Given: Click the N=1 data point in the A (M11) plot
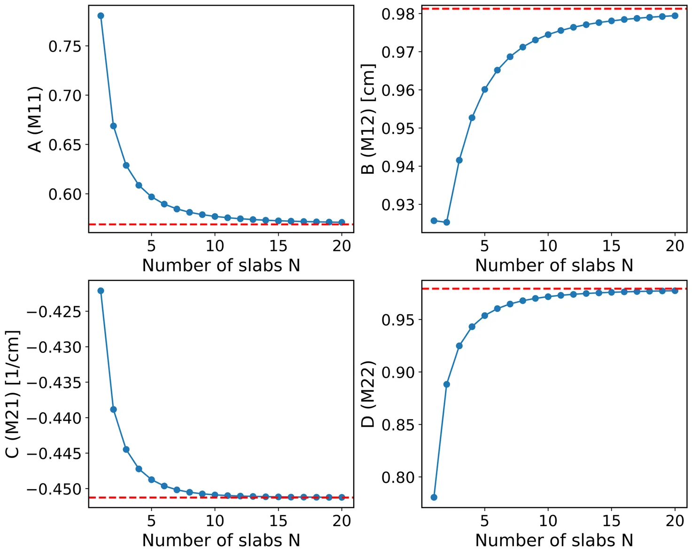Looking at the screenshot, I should point(101,16).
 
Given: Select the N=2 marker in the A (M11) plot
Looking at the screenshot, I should point(113,126).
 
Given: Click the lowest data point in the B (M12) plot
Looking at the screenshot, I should point(446,222).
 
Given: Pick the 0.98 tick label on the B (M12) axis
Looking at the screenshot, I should point(398,14).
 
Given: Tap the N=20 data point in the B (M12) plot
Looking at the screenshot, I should point(675,16).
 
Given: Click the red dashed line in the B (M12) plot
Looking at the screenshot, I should point(554,8).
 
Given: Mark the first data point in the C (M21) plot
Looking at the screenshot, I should point(101,291).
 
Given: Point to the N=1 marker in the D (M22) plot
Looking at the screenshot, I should point(434,497).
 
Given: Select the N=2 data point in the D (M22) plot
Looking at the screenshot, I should point(447,384).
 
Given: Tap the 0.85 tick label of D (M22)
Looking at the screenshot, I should point(398,425).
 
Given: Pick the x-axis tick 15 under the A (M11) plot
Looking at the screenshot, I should point(278,246).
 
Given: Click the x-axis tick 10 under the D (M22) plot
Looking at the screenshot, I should point(548,520).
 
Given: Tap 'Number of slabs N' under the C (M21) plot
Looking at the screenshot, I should point(221,540).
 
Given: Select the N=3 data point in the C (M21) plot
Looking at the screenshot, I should point(126,450).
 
